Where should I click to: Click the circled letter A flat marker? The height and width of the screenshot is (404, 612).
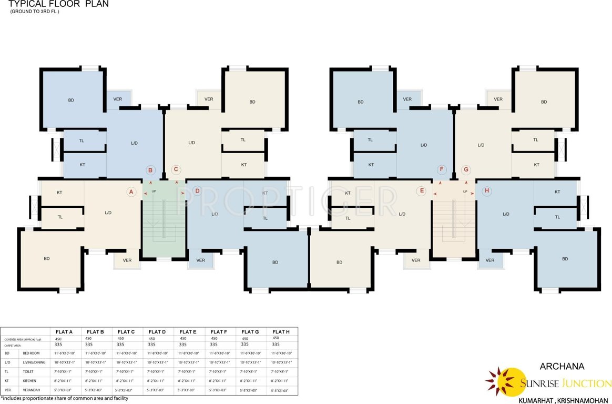[x=131, y=191]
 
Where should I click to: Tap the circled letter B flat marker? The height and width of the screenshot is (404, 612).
[x=150, y=170]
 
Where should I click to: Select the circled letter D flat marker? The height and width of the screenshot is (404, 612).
[x=197, y=191]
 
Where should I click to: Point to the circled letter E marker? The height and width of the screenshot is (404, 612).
[x=421, y=191]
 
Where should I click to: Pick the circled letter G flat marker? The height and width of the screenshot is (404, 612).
[x=465, y=170]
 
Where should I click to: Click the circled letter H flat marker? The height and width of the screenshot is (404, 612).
[x=487, y=191]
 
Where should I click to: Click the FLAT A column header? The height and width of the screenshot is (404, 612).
[x=64, y=332]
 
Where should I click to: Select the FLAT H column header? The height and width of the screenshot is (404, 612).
[x=281, y=332]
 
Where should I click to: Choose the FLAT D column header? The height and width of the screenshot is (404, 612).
[x=157, y=332]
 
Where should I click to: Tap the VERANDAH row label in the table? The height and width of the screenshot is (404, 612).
[x=32, y=390]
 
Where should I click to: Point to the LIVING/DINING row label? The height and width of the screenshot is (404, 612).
[x=35, y=362]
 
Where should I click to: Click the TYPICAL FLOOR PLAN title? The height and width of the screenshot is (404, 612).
[x=58, y=4]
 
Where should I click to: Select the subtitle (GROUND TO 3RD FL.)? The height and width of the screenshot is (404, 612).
[x=35, y=12]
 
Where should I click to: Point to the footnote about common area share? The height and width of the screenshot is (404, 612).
[x=64, y=399]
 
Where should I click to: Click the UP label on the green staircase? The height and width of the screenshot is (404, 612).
[x=154, y=191]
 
